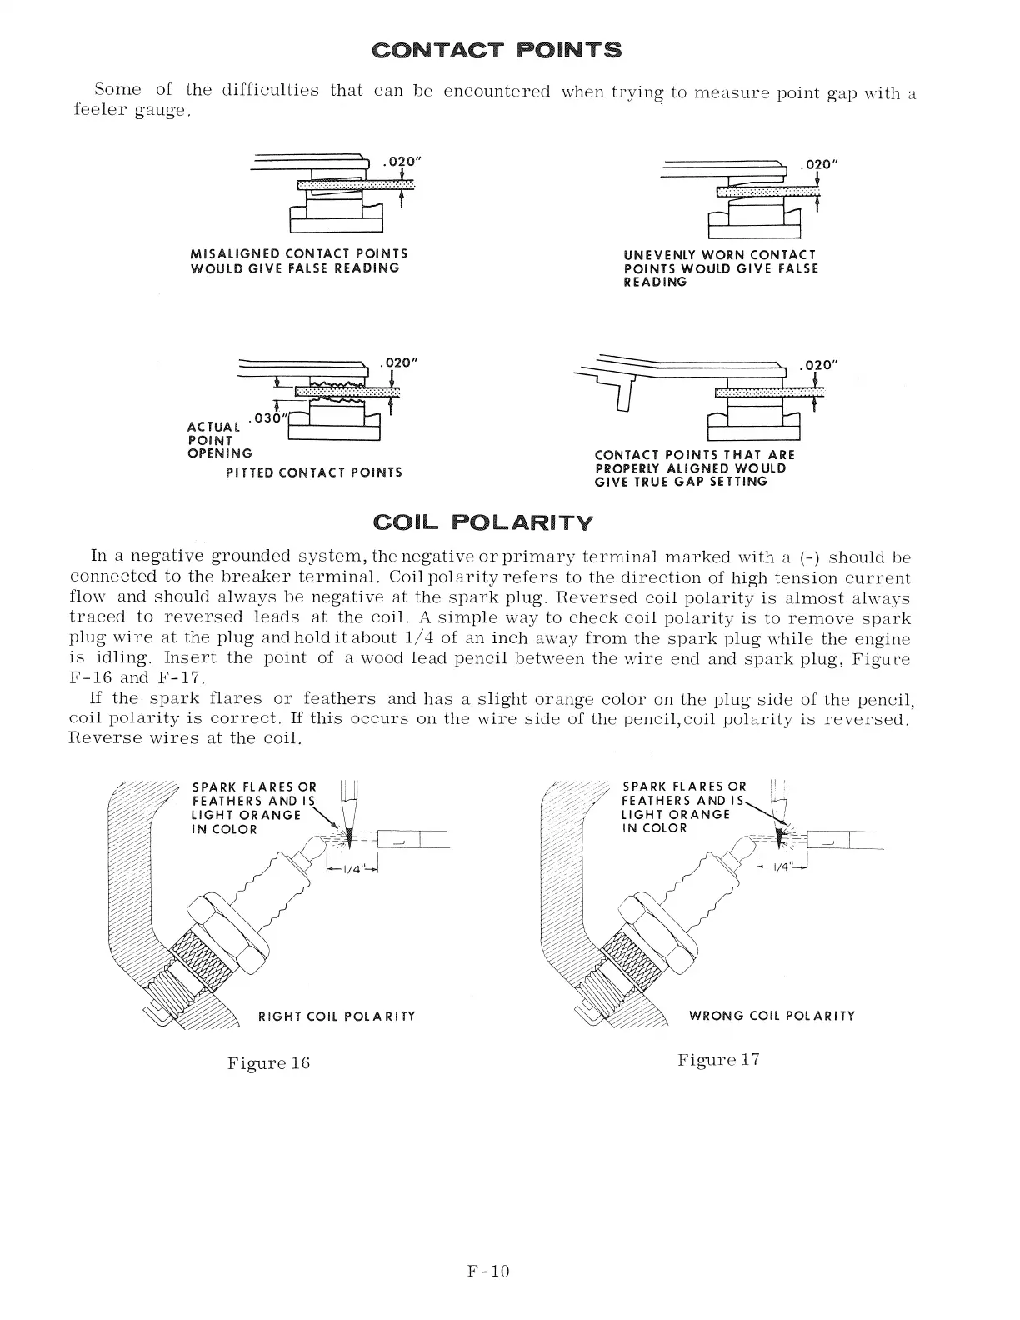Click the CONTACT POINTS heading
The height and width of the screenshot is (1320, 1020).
pyautogui.click(x=497, y=50)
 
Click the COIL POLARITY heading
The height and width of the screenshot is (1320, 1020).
pyautogui.click(x=484, y=523)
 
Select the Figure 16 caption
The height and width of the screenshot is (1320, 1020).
pyautogui.click(x=268, y=1063)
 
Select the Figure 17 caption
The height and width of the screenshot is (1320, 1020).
pyautogui.click(x=717, y=1060)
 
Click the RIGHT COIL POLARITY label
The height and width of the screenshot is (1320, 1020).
pyautogui.click(x=337, y=1016)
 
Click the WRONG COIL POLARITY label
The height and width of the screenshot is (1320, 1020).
pyautogui.click(x=772, y=1016)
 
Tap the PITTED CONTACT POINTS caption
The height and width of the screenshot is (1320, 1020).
pyautogui.click(x=314, y=472)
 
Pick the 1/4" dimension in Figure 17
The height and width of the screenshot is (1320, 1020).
pyautogui.click(x=782, y=867)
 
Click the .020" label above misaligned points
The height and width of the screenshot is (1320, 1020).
pyautogui.click(x=398, y=162)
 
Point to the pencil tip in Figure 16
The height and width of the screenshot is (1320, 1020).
pyautogui.click(x=349, y=837)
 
